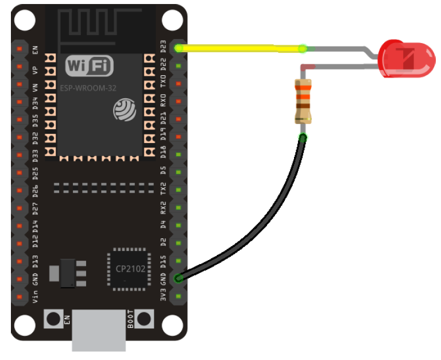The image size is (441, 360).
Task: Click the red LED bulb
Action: coord(407,59)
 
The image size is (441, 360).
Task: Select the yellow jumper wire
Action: coord(241,48)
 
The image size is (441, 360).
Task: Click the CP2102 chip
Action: coord(127,268)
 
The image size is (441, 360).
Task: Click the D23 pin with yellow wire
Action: coord(179,48)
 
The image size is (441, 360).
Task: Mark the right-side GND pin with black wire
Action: coord(179,278)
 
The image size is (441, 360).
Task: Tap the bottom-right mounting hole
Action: coord(172,325)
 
